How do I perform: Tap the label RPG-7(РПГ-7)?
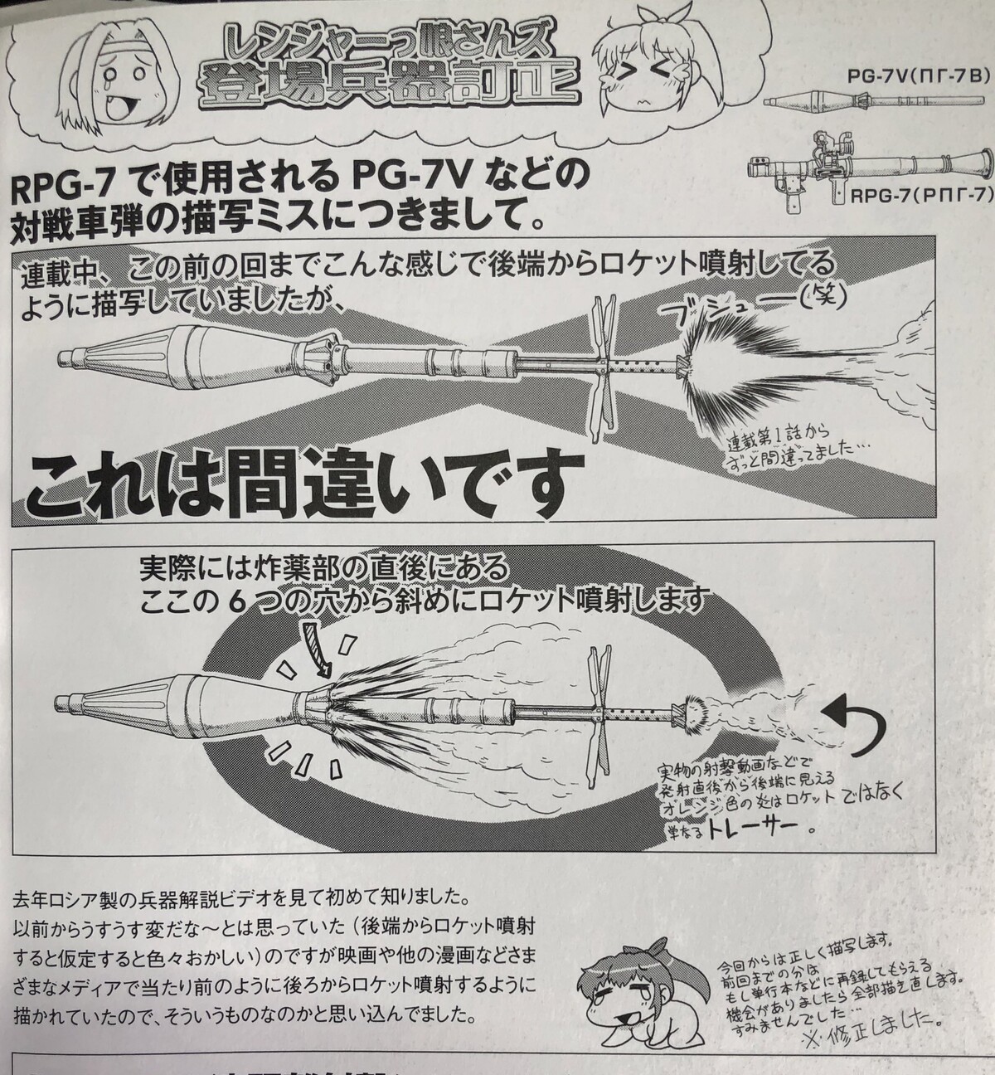(920, 197)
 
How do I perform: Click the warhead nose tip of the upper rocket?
(65, 358)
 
